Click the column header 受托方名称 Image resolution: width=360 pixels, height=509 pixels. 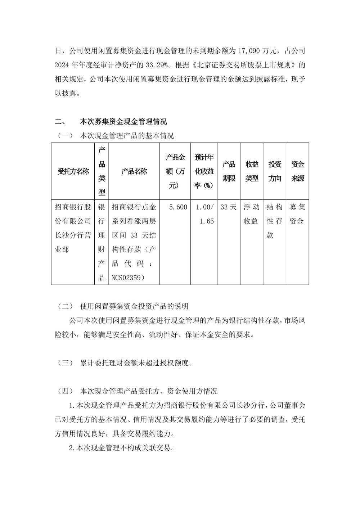point(73,171)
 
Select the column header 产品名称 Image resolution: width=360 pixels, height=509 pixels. point(134,171)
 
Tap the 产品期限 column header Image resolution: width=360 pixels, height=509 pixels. point(229,171)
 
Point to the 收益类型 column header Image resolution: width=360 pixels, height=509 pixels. point(252,171)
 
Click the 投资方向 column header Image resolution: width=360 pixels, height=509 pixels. point(275,171)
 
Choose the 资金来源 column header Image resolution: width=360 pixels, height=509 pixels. point(298,171)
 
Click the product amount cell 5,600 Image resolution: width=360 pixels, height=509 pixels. point(178,207)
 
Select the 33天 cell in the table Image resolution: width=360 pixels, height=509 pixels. point(229,207)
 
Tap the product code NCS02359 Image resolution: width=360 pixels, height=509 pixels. point(128,278)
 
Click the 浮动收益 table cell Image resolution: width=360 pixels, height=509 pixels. point(252,214)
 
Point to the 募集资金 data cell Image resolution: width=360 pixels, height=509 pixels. point(297,214)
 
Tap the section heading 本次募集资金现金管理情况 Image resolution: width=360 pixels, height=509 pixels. point(123,121)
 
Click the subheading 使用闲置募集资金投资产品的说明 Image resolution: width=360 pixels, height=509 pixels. point(134,306)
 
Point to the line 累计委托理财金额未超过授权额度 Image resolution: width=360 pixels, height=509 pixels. point(136,363)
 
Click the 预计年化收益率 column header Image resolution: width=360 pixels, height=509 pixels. point(204,171)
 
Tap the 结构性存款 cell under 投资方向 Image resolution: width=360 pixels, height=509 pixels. point(275,221)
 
